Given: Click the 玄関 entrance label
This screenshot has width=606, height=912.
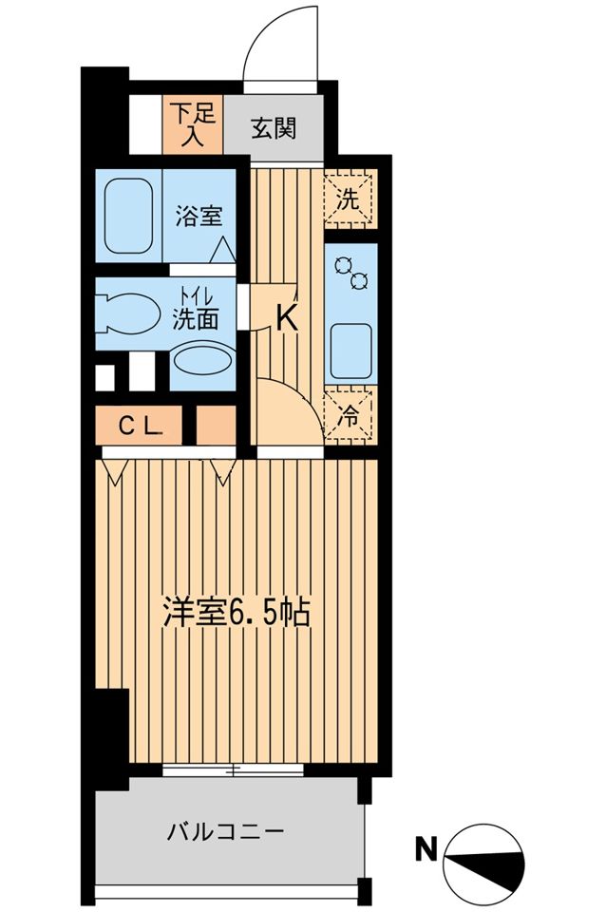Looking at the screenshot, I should click(x=274, y=128).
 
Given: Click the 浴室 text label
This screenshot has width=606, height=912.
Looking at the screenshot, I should click(x=199, y=217).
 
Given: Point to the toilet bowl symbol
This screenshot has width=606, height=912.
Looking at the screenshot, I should click(x=128, y=315).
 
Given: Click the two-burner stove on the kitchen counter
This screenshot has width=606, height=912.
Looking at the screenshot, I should click(x=350, y=274).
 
